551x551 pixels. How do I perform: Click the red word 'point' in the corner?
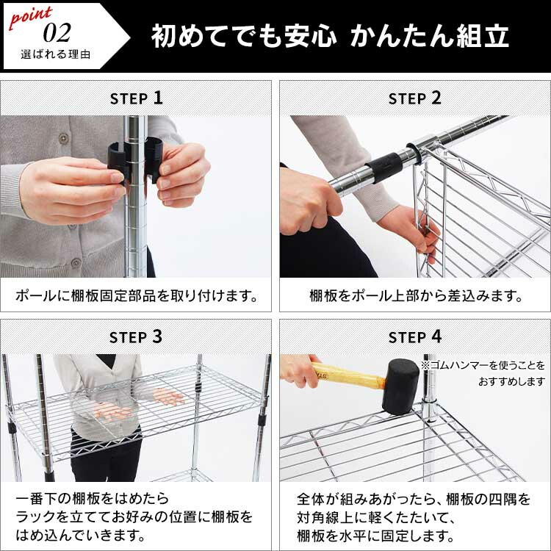[31, 18]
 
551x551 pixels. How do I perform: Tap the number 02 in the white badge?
[57, 33]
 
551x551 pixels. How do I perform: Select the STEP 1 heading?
[137, 98]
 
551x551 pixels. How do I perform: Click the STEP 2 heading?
[414, 98]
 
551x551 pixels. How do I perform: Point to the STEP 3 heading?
[136, 337]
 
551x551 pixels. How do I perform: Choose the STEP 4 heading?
[414, 337]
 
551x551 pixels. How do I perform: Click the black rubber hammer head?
[400, 386]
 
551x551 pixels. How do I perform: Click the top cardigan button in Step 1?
[64, 137]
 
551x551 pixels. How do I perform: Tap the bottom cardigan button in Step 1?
[76, 262]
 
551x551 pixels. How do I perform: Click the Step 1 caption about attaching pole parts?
[137, 296]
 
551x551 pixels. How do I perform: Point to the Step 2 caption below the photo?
[415, 296]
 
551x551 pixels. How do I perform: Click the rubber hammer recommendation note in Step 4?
[483, 373]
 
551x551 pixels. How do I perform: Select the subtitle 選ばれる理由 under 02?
[56, 54]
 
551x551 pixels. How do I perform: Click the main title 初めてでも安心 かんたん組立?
[330, 36]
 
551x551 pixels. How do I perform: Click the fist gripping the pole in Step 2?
[309, 201]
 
